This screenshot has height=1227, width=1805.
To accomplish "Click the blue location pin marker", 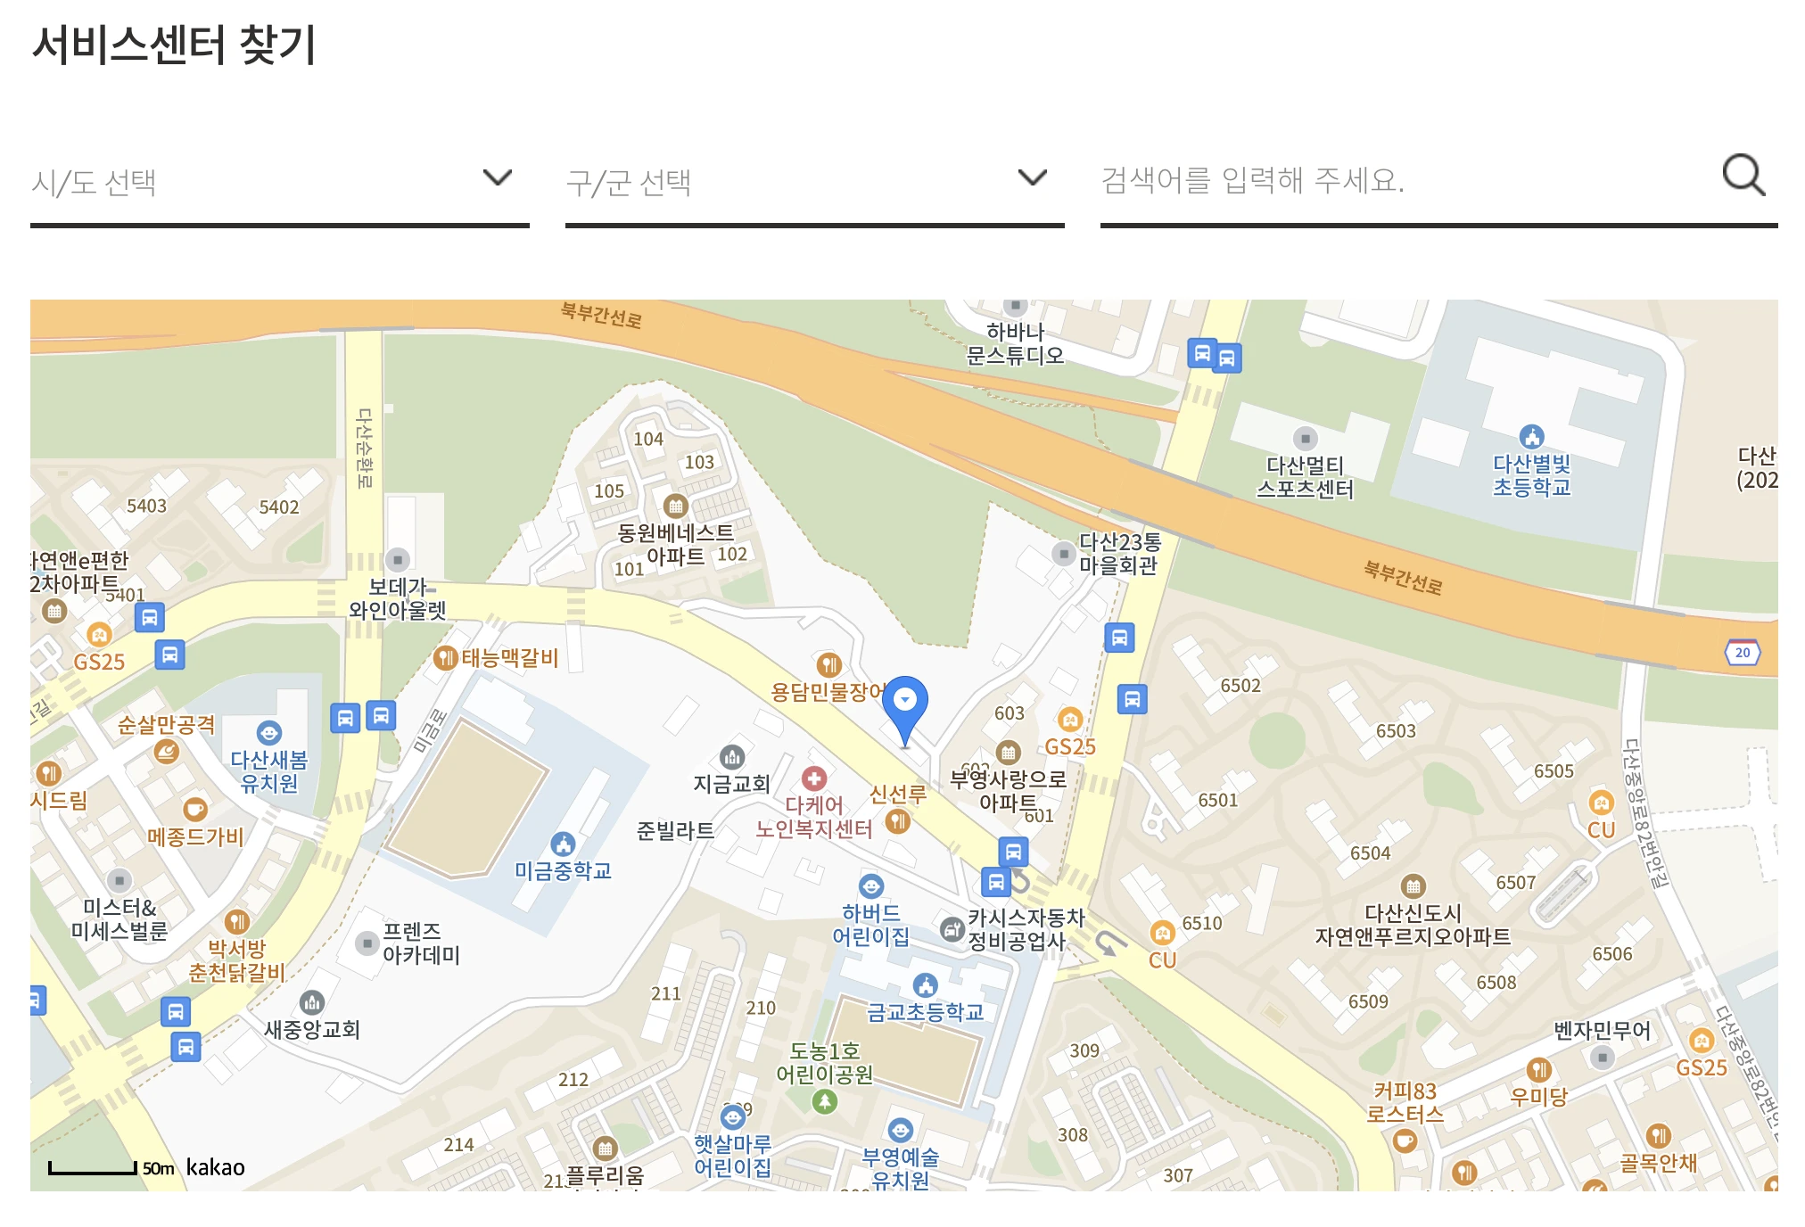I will pyautogui.click(x=904, y=703).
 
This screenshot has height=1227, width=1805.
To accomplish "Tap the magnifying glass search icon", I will pyautogui.click(x=1743, y=175).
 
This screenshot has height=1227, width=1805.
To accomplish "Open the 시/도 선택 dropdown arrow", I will pyautogui.click(x=497, y=177).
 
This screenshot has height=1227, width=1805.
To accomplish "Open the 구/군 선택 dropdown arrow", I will pyautogui.click(x=1032, y=177).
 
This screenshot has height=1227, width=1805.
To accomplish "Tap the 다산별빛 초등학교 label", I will pyautogui.click(x=1531, y=475).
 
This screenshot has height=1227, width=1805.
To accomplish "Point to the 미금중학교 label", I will pyautogui.click(x=563, y=870).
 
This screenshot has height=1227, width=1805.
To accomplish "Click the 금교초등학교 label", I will pyautogui.click(x=925, y=1011).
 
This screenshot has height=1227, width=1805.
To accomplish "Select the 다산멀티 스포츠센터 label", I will pyautogui.click(x=1305, y=477).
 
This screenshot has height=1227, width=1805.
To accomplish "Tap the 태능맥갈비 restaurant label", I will pyautogui.click(x=508, y=658).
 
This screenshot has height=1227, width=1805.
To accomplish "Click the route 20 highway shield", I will pyautogui.click(x=1742, y=652).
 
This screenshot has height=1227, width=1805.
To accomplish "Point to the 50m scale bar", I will pyautogui.click(x=93, y=1168).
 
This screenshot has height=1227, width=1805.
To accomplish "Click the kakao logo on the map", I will pyautogui.click(x=215, y=1167).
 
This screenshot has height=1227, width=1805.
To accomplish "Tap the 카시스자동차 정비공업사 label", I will pyautogui.click(x=1025, y=929).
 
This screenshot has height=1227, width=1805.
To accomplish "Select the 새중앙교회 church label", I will pyautogui.click(x=311, y=1029).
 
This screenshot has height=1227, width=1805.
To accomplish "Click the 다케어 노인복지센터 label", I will pyautogui.click(x=813, y=817).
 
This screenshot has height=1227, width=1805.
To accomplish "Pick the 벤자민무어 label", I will pyautogui.click(x=1602, y=1031).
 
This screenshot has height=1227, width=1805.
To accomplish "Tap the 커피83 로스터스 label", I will pyautogui.click(x=1405, y=1102).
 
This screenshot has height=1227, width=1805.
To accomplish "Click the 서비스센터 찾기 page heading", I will pyautogui.click(x=174, y=45).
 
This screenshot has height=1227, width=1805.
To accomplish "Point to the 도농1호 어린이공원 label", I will pyautogui.click(x=824, y=1063).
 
